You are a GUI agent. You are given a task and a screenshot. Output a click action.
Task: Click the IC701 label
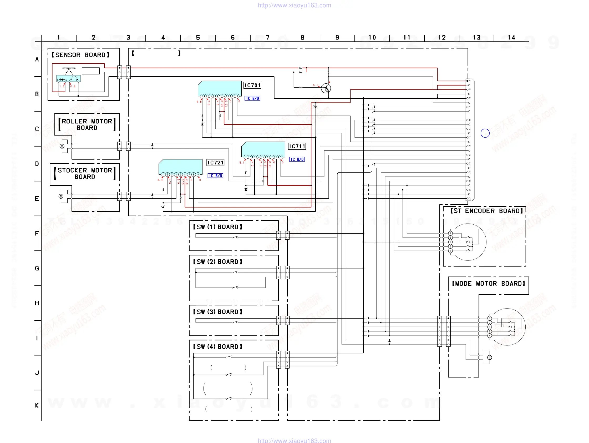[x=252, y=85]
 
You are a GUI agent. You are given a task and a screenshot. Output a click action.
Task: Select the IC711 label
[x=297, y=146]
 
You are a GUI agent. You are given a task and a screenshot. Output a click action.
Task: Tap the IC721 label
[x=215, y=163]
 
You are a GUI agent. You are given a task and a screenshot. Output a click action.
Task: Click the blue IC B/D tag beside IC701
[x=252, y=98]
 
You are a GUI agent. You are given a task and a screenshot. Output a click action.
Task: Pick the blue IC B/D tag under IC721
[x=215, y=176]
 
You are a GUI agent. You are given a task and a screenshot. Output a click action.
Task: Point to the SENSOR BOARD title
[x=80, y=55]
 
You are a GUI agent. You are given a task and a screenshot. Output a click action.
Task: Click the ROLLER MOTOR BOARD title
[x=87, y=124]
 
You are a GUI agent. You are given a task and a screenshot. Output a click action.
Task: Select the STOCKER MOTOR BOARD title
[x=85, y=173]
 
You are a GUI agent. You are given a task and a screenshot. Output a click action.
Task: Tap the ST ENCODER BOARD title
[x=486, y=211]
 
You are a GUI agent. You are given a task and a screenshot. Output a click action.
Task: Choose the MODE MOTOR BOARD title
[x=488, y=283]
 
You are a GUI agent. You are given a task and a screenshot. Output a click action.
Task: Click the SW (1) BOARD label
[x=217, y=227]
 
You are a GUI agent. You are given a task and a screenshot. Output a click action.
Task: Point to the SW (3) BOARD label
[x=217, y=312]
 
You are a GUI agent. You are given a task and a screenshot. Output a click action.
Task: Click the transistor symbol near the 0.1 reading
[x=326, y=88]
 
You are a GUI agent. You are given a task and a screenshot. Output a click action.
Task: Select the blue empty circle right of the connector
[x=485, y=133]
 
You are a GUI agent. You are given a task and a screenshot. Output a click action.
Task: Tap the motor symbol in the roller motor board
[x=62, y=146]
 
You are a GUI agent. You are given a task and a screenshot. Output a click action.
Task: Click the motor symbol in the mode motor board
[x=489, y=357]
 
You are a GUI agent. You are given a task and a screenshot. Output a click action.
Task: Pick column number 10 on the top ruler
[x=372, y=38]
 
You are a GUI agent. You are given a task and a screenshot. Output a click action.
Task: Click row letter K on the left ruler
[x=37, y=405]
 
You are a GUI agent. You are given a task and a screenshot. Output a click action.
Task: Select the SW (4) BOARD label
[x=217, y=346]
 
